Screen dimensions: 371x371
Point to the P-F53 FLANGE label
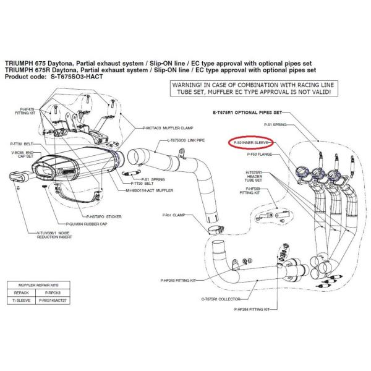258,155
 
